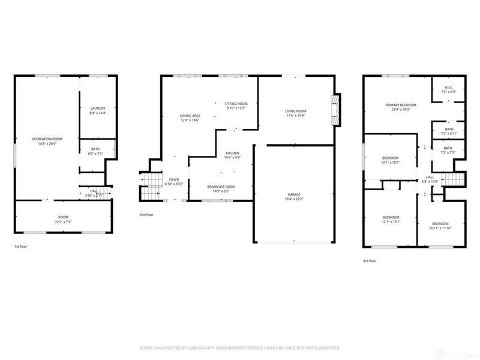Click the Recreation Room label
click(x=47, y=139)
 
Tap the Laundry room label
click(x=97, y=108)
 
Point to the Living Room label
click(x=295, y=111)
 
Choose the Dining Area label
click(x=190, y=116)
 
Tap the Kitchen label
click(x=232, y=154)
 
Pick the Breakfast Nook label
click(x=221, y=187)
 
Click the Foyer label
click(x=174, y=179)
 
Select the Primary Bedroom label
click(x=400, y=105)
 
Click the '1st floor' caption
click(x=20, y=247)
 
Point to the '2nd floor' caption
click(x=146, y=214)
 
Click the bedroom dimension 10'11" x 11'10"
click(x=440, y=228)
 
